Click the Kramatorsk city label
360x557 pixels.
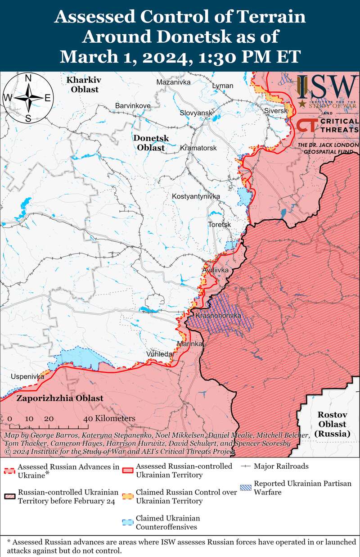pos(198,148)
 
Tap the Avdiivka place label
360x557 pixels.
pos(216,270)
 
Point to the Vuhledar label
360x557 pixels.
pos(160,354)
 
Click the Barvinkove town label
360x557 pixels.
pos(133,105)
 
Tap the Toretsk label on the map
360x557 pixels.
pos(219,224)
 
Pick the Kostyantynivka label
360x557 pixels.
pos(195,196)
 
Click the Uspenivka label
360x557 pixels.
pos(28,376)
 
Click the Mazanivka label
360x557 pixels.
pos(173,82)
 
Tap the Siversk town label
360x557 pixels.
pos(275,110)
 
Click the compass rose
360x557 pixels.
pos(28,98)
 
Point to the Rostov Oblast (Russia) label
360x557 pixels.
pos(332,424)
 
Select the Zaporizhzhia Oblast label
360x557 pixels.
pos(60,398)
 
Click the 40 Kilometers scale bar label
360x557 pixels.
pos(109,418)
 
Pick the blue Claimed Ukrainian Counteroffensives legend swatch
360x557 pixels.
pos(127,523)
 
